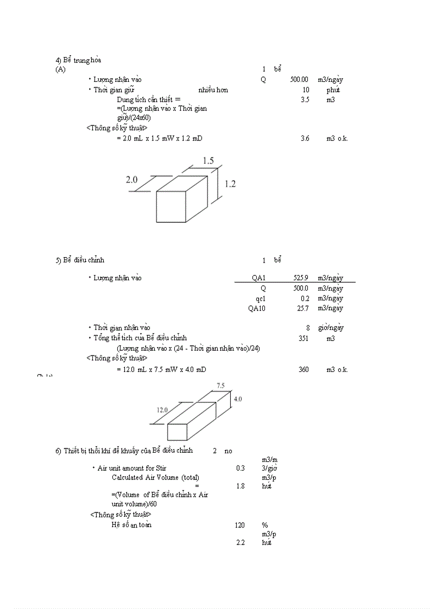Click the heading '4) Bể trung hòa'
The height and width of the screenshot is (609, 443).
pos(78,60)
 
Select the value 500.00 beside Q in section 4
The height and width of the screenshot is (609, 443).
pos(299,80)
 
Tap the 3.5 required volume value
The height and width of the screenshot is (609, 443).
pos(305,100)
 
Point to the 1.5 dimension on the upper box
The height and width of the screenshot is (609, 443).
pos(208,161)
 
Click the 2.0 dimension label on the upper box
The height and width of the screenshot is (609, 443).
pos(131,180)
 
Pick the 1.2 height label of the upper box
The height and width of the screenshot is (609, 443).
pos(230,184)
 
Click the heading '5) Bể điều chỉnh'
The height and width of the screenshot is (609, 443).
pos(80,260)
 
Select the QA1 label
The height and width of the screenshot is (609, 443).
pos(258,278)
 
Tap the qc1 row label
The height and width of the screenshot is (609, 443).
pos(261,298)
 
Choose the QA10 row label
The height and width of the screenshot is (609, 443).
pos(257,309)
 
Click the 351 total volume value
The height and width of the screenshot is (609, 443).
pos(303,338)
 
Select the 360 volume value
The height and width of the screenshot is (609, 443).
pos(303,370)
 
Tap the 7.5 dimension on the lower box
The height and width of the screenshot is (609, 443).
pos(221,386)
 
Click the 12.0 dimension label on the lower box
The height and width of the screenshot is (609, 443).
pos(162,410)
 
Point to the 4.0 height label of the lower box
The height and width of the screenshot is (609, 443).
pos(238,399)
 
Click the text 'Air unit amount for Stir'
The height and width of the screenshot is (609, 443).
pos(132,468)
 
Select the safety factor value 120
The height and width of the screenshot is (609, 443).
pos(239,525)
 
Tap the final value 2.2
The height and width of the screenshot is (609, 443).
pos(241,543)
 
